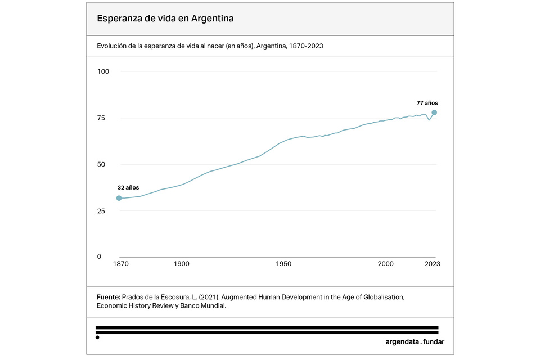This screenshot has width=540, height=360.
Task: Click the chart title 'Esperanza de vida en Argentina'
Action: pos(165,19)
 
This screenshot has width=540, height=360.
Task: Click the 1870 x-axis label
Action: pos(120,264)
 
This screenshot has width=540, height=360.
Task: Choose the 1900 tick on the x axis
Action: pos(181,264)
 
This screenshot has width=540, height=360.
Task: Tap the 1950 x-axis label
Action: pos(283,264)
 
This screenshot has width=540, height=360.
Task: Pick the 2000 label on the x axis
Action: pos(385,264)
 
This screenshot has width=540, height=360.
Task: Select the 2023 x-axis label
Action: pos(432,264)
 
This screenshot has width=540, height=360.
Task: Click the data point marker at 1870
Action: pos(119,198)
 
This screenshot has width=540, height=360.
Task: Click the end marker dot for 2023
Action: pos(434,112)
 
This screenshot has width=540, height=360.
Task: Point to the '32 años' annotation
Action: pos(128,187)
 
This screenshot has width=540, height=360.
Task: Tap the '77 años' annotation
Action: pos(427,103)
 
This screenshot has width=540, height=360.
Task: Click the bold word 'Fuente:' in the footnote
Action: pos(109,296)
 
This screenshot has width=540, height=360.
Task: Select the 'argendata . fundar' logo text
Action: pos(411,341)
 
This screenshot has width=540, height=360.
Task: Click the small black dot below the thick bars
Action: pos(97,337)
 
